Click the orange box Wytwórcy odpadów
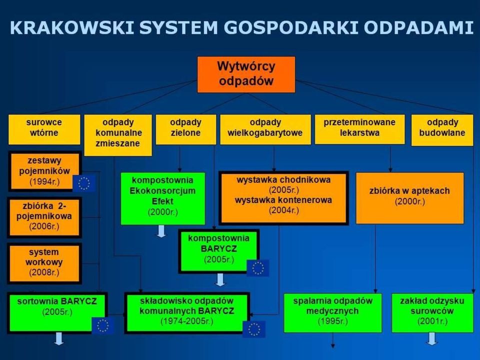point(246,74)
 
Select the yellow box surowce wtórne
point(44,129)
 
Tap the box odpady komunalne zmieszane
point(118,135)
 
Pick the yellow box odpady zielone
point(186,129)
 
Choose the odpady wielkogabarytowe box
point(265,129)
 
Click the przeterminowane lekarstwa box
point(359,129)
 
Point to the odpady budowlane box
point(442,130)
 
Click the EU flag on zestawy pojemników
point(84,183)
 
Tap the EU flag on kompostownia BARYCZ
point(258,268)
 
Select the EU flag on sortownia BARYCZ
point(103,325)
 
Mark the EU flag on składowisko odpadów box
point(254,329)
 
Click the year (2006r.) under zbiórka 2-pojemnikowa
point(44,226)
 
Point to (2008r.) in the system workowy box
point(44,272)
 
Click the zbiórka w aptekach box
point(410,198)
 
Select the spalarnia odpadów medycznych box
point(333,313)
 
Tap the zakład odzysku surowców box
point(432,313)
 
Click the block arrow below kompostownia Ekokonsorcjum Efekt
point(161,231)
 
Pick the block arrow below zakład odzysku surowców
point(432,339)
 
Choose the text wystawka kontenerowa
point(283,200)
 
